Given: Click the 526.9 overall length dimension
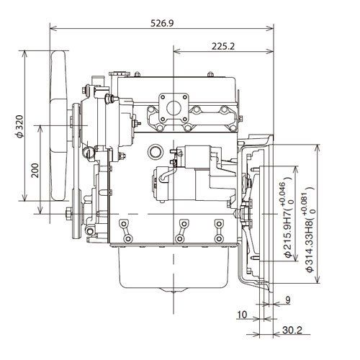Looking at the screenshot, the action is tap(162, 23).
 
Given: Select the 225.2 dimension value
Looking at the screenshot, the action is tap(223, 46).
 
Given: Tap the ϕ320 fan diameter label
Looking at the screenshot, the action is tap(20, 127).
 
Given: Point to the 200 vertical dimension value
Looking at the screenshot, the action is tap(35, 171).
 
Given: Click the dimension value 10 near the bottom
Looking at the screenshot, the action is tap(242, 315).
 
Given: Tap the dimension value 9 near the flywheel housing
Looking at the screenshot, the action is tap(288, 300).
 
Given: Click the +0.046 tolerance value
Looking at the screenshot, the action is tap(283, 194).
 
